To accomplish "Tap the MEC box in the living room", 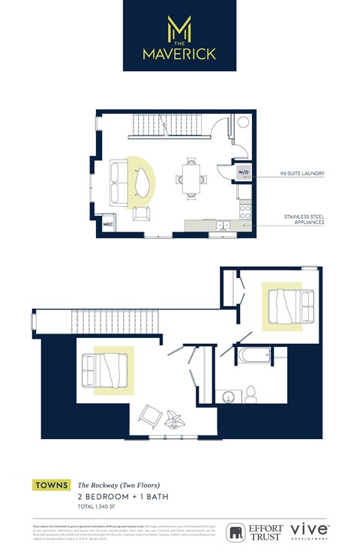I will click(x=107, y=224).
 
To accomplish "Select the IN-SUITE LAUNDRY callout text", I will click(x=303, y=173).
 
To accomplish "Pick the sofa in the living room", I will click(x=117, y=182).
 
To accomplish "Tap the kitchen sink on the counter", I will click(x=223, y=225).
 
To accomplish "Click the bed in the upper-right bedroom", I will click(x=286, y=305).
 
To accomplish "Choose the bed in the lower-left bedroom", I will click(x=106, y=369).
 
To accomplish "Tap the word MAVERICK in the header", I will click(x=180, y=54).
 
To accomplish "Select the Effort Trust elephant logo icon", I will click(x=236, y=532).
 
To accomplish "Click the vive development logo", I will click(x=308, y=531).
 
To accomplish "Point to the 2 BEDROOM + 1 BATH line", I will click(x=116, y=497).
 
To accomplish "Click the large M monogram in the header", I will click(x=180, y=28).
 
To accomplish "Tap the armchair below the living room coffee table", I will click(x=141, y=214).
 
